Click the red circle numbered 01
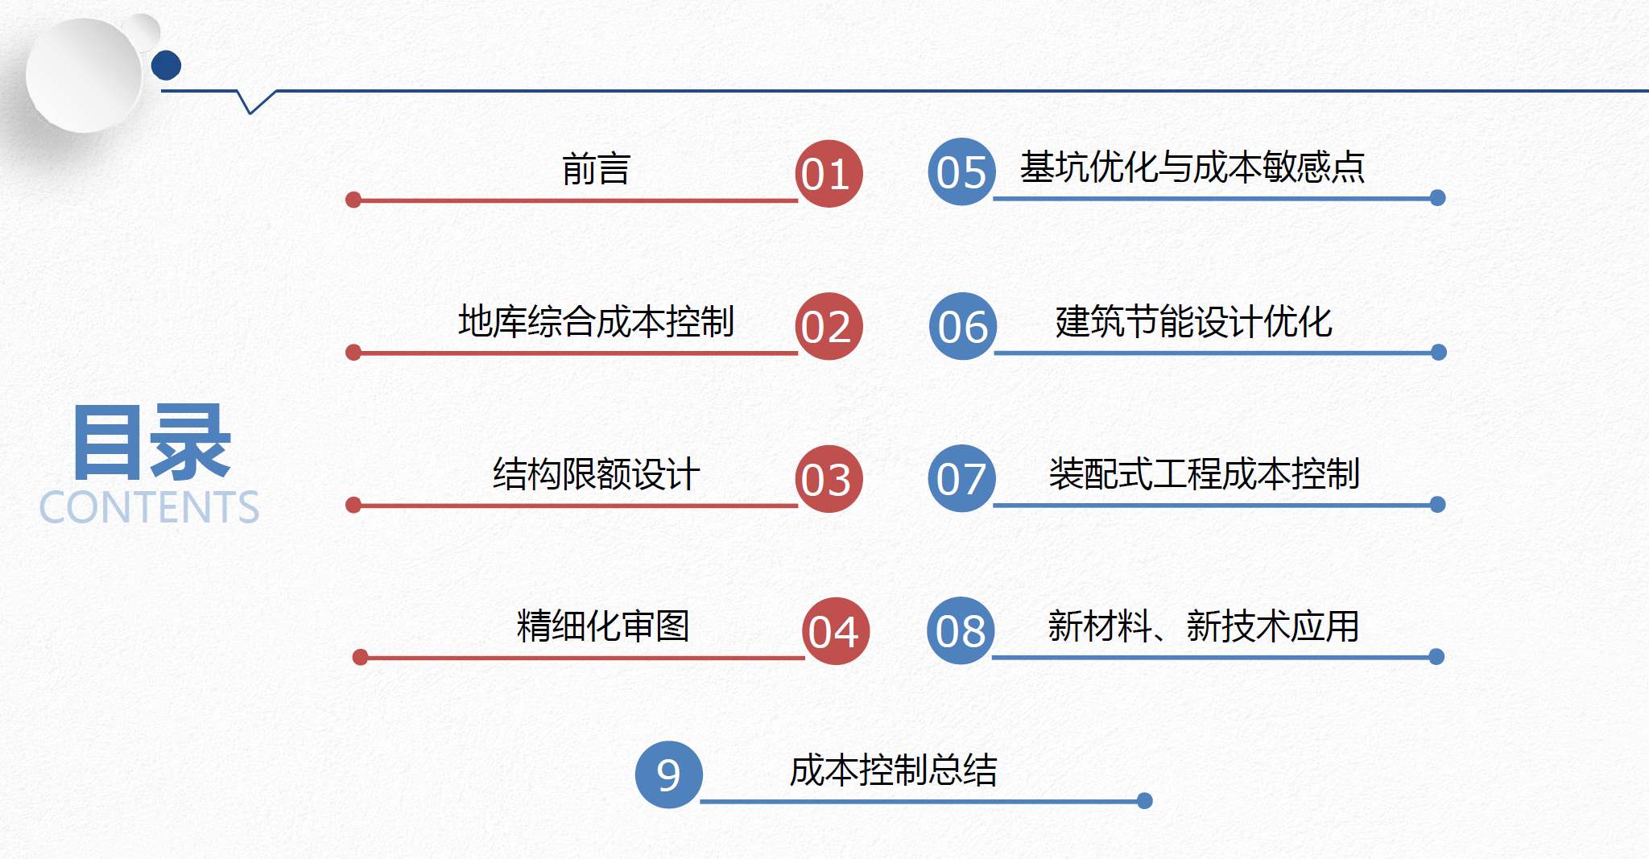click(x=829, y=174)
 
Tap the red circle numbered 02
click(x=829, y=326)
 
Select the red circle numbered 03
click(x=829, y=479)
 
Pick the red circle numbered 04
click(x=836, y=631)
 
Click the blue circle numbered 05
click(x=961, y=171)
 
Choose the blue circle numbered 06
click(x=963, y=326)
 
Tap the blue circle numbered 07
click(x=961, y=478)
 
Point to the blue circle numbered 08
click(x=961, y=630)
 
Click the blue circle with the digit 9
click(x=669, y=774)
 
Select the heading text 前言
click(x=596, y=169)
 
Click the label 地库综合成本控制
click(x=596, y=321)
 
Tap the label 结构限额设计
click(x=596, y=473)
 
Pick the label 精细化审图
click(x=603, y=626)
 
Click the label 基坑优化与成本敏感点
click(x=1192, y=167)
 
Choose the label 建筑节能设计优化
click(x=1193, y=321)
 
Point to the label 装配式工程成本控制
click(x=1205, y=473)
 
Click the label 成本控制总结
click(x=894, y=770)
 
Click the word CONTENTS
click(x=149, y=507)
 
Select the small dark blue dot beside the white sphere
click(x=166, y=65)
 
